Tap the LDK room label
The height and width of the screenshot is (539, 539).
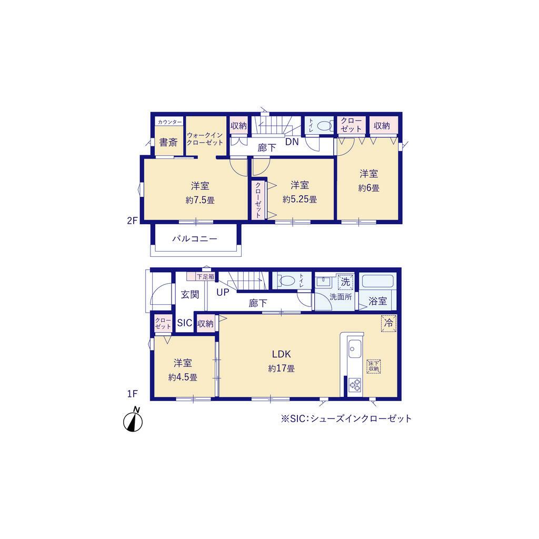tap(282, 354)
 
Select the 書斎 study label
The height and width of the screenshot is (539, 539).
tap(168, 142)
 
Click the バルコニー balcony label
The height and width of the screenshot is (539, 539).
tap(195, 238)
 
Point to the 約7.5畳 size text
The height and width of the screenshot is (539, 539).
tap(200, 200)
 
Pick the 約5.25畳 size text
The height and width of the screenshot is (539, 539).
tap(300, 199)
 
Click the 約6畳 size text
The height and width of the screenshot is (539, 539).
tap(369, 188)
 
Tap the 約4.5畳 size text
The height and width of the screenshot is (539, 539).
tap(183, 377)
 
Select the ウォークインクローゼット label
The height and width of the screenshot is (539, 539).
tap(205, 138)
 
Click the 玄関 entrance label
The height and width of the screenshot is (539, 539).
tap(189, 295)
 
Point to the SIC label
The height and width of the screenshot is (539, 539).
tap(185, 323)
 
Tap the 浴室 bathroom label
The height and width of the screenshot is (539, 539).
tap(378, 302)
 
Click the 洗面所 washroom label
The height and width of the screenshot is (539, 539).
tap(341, 297)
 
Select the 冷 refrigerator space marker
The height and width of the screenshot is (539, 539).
tap(388, 323)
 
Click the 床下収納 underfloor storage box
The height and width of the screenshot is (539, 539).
tap(374, 366)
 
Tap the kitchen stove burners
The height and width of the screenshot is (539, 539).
tap(355, 385)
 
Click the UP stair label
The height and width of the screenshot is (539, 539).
tap(223, 293)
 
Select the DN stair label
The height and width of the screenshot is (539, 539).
tap(292, 142)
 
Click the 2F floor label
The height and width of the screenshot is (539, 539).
tap(132, 221)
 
